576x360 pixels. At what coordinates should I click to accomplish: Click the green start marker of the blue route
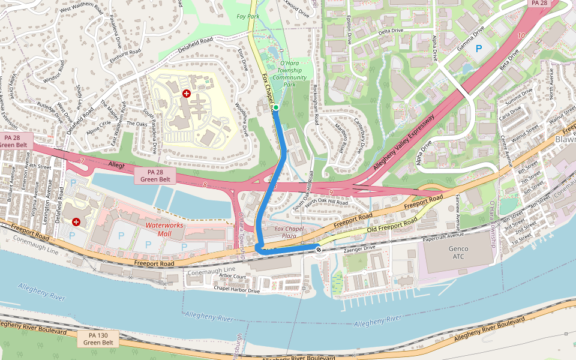277,107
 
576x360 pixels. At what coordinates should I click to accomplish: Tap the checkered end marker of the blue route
319,250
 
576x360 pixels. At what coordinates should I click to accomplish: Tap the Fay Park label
248,16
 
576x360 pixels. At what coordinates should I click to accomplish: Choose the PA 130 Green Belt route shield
98,338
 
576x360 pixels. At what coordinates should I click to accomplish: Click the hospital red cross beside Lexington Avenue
76,222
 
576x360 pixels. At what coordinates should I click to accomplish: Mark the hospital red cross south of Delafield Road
187,94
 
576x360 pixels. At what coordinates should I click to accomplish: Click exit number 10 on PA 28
521,36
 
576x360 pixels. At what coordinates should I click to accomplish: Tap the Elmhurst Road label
125,52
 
